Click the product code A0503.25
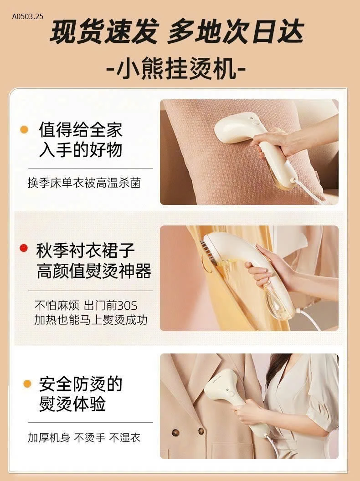27,17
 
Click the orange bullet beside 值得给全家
25,130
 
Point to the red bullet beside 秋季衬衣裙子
24,248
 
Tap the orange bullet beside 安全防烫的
27,384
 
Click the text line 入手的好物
80,149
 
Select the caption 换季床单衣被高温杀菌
84,183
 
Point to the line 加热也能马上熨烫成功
91,320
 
